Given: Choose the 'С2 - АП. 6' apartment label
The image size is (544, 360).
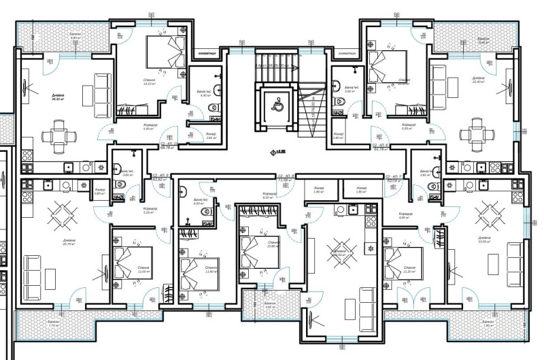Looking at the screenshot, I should pos(379,145).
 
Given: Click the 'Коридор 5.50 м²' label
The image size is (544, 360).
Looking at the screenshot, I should pos(150,127).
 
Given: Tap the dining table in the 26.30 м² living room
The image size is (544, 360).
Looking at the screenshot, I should pos(55,133).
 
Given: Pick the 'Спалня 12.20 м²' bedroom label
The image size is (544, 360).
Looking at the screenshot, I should pos(409,269).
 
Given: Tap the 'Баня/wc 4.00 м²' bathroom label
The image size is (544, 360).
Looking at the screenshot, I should pos(199,202).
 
